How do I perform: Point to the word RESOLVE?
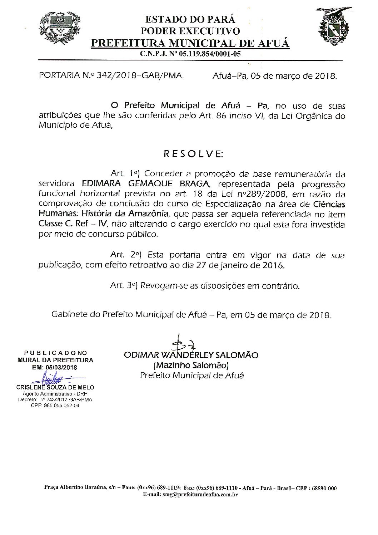coord(193,154)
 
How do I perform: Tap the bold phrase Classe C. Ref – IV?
coord(76,225)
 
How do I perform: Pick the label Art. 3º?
coord(124,286)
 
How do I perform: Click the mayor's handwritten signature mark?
coord(181,344)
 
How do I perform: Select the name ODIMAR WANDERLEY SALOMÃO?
coord(191,355)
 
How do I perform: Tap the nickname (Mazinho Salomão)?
coord(191,365)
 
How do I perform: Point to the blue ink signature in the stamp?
coord(54,378)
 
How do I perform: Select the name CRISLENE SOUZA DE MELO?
coord(55,387)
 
